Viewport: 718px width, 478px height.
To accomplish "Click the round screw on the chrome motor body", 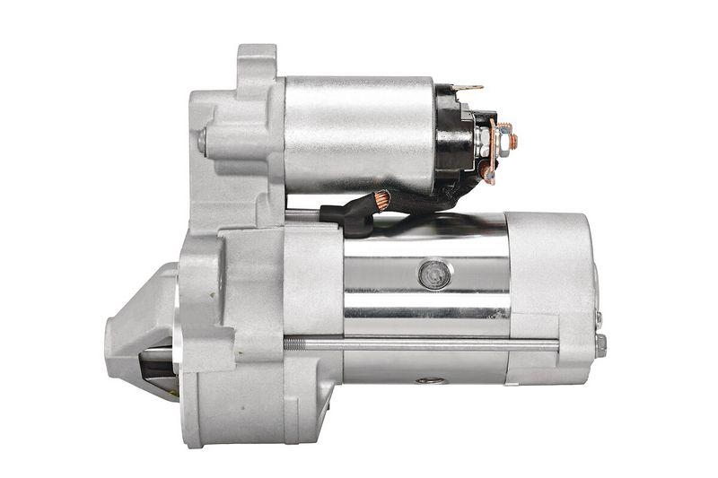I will [x=433, y=274].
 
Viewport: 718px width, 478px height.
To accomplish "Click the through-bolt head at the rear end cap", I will [x=601, y=343].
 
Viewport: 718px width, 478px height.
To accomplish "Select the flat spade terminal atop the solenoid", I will [x=468, y=88].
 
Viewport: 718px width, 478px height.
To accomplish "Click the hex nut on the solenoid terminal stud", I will [x=503, y=138].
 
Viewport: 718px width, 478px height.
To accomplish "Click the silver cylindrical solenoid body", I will [x=359, y=135].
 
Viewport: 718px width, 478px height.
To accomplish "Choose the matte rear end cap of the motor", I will [x=552, y=287].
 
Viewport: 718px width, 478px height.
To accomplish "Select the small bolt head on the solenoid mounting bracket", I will [x=203, y=141].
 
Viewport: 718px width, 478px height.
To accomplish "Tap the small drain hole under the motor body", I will [x=430, y=380].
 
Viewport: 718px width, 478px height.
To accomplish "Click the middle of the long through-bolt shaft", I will [x=422, y=343].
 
